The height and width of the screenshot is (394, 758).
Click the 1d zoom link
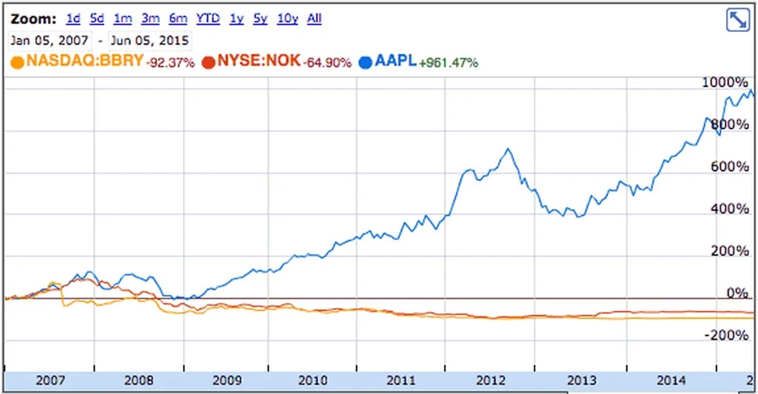(x=73, y=19)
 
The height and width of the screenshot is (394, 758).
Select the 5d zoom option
(x=97, y=19)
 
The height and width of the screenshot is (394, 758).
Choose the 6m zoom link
(x=178, y=19)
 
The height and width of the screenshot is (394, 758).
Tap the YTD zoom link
(x=208, y=19)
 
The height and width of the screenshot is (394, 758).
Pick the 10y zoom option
(x=287, y=19)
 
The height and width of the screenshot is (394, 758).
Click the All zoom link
(x=315, y=19)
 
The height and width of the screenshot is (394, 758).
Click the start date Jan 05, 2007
(x=51, y=40)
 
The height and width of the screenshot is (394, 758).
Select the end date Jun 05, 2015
(x=149, y=40)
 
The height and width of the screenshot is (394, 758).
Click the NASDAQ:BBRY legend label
(x=84, y=61)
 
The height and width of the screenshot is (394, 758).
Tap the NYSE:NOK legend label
(x=259, y=61)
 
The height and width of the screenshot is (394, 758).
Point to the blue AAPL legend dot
(x=364, y=62)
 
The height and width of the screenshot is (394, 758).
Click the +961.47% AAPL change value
(x=449, y=62)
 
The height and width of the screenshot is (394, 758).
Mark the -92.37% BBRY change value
(x=171, y=62)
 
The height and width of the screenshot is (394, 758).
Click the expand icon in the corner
(x=738, y=20)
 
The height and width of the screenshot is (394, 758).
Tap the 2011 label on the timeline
(x=400, y=381)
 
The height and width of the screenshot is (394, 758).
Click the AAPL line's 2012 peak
(x=508, y=150)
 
